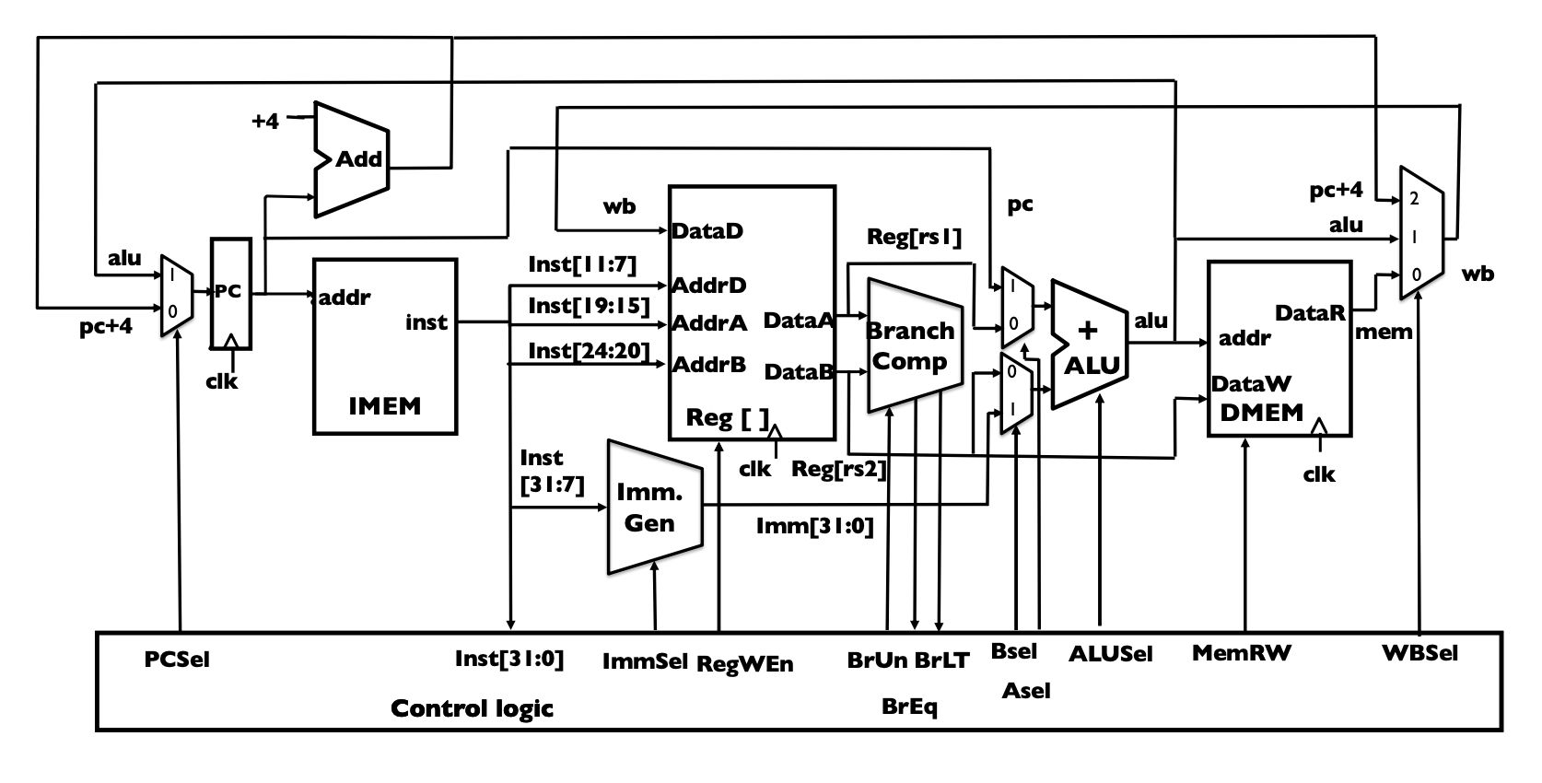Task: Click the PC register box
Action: (230, 293)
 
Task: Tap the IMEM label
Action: (384, 406)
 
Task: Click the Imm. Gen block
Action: (651, 508)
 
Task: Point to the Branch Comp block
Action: (911, 346)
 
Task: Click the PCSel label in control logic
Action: (177, 660)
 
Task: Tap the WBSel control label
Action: (1419, 653)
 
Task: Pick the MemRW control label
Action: (1241, 653)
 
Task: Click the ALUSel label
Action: (1110, 654)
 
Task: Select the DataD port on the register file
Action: (707, 230)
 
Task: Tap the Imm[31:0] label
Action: (814, 526)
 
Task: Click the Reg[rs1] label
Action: (913, 237)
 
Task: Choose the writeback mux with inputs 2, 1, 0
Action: (1420, 234)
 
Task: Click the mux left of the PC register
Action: (176, 295)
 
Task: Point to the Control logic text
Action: (472, 708)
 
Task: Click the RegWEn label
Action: (744, 663)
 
